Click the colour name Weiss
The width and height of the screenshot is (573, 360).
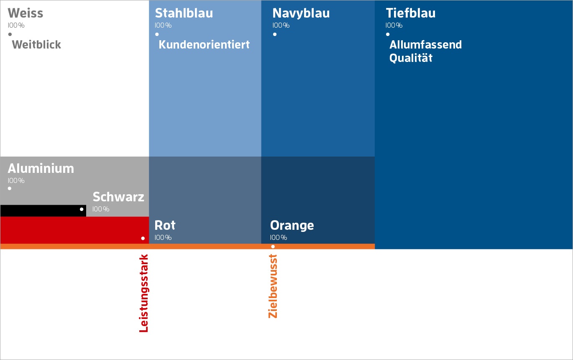point(26,13)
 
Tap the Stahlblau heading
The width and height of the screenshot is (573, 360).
point(184,13)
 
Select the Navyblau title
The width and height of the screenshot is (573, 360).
point(301,13)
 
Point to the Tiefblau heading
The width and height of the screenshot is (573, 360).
point(411,13)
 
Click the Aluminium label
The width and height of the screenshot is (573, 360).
point(41,168)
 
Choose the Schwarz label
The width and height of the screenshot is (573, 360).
point(118,197)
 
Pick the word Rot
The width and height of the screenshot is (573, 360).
point(165,225)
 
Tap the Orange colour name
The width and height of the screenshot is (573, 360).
point(292,226)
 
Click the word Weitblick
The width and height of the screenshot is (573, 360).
point(36,44)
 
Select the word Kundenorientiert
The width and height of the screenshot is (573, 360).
point(204,44)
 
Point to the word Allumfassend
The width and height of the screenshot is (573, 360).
point(426,44)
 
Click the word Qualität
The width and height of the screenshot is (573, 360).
point(411,58)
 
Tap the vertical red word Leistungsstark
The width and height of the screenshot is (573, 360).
point(144,293)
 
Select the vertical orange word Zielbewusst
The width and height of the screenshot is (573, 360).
point(273,286)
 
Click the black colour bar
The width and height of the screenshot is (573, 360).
point(43,211)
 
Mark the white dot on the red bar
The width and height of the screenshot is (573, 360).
point(143,238)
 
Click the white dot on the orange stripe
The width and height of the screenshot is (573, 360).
point(273,247)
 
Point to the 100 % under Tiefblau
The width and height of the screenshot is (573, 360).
point(394,26)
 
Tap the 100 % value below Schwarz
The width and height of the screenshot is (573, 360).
point(101,209)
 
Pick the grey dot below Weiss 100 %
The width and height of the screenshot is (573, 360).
point(10,34)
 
